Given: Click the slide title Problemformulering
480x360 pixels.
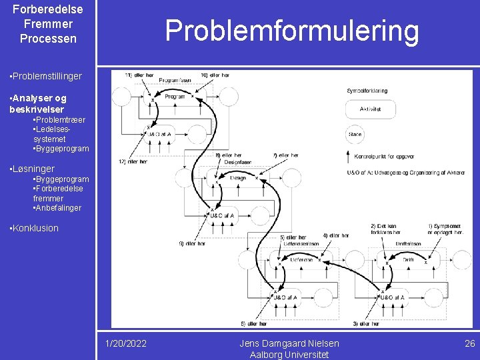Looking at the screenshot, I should coord(292,31).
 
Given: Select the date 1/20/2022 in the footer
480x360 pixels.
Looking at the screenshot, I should coord(127,343).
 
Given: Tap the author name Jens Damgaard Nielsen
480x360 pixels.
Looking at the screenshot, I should coord(289,343).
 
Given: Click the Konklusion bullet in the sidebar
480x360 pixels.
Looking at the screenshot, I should coord(35,228).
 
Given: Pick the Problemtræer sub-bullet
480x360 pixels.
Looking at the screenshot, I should coord(59,119).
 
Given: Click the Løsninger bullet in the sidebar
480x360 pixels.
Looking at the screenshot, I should coord(33,169).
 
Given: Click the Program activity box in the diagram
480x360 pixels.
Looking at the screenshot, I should coord(175,97).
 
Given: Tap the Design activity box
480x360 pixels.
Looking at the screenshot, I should coord(238,178).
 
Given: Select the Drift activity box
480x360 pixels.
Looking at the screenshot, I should coord(408,259).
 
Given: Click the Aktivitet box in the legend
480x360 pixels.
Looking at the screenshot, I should coord(370,109).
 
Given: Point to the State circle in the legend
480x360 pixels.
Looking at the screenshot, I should coord(355,135).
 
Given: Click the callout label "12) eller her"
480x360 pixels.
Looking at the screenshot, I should coord(131,161).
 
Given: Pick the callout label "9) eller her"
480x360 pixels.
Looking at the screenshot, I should coord(192,243).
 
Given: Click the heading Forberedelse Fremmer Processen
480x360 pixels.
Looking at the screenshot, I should coord(48,24).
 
